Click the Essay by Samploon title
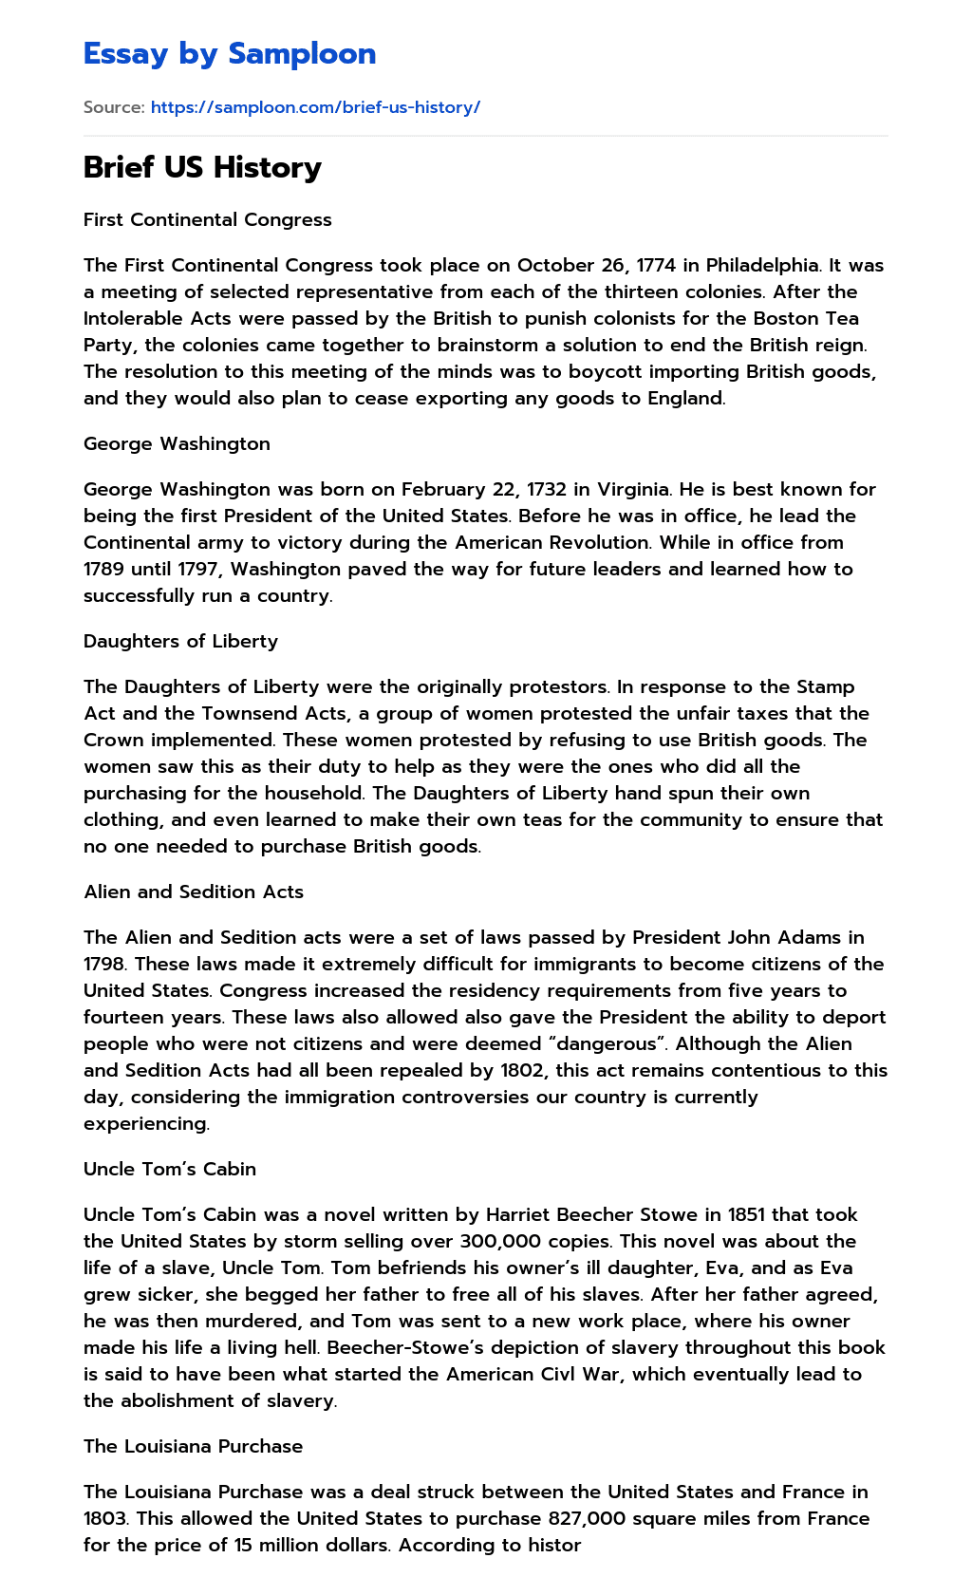click(x=230, y=54)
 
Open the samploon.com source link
click(x=315, y=107)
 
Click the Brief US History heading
click(x=202, y=167)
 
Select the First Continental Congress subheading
click(x=208, y=219)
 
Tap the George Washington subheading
click(x=177, y=443)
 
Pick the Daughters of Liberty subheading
click(x=180, y=641)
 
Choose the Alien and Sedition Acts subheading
click(x=194, y=892)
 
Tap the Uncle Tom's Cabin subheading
click(x=170, y=1169)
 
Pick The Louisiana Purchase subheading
click(x=194, y=1446)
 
